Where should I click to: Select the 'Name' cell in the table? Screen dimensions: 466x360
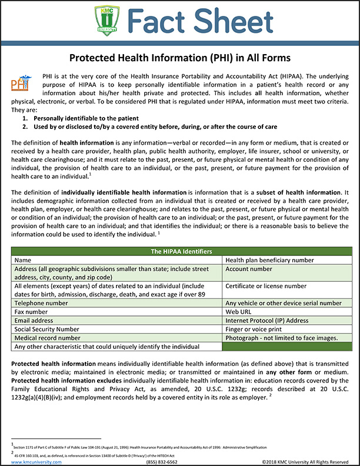tap(23, 259)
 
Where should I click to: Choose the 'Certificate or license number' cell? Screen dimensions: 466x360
tap(266, 286)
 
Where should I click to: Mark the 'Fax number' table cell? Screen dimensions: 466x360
tap(31, 311)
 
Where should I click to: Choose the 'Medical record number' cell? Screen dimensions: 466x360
tap(48, 338)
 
